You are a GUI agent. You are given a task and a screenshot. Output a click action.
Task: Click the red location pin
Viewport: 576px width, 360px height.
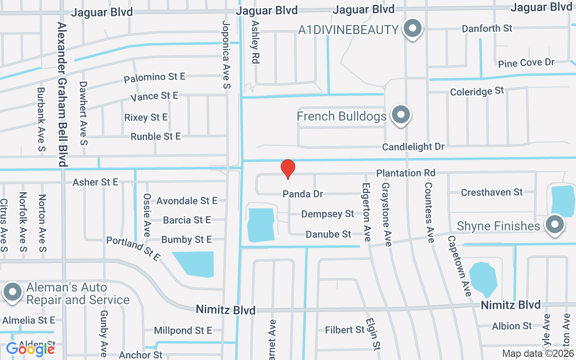point(288,169)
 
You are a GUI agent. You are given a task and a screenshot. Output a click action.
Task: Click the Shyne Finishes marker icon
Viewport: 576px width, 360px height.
point(554,224)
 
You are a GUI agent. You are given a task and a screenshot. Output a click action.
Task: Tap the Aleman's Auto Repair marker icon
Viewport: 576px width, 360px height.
point(13,292)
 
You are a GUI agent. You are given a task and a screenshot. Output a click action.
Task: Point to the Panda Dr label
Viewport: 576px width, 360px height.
point(303,194)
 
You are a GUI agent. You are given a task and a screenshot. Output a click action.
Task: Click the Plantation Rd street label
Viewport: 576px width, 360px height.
point(406,173)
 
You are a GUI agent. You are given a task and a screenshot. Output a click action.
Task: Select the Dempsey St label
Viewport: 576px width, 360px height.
point(328,214)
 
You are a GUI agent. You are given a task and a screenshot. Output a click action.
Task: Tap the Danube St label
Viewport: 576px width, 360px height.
point(328,234)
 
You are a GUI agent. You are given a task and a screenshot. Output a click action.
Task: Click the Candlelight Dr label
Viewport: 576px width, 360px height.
point(413,147)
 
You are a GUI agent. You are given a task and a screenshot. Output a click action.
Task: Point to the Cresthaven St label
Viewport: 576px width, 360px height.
point(492,193)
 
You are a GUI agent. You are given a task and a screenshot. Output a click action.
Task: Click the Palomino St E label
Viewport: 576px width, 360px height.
point(155,77)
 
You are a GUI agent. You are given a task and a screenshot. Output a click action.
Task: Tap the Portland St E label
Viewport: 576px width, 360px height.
point(133,249)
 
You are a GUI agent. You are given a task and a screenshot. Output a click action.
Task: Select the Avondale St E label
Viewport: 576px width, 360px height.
point(187,200)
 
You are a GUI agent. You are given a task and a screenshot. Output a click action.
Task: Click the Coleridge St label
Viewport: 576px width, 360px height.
point(477,91)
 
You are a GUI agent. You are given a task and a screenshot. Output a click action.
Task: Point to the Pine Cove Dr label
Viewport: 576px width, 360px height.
point(526,63)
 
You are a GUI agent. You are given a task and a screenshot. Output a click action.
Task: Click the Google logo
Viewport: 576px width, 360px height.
point(30,349)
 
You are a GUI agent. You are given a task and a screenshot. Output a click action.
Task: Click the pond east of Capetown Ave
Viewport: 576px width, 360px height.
point(483,278)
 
